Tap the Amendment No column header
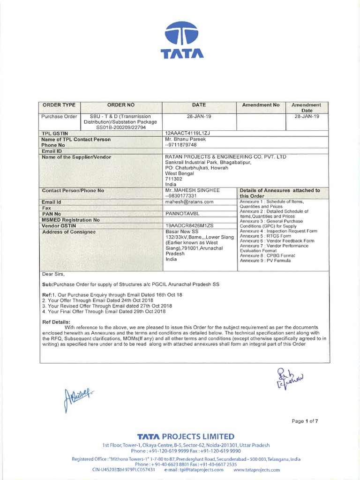point(261,105)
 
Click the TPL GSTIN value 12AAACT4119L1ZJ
point(186,134)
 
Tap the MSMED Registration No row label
point(70,219)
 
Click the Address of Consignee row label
point(68,232)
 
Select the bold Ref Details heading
point(56,322)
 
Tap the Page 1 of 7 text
point(305,421)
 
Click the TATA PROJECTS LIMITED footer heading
point(180,436)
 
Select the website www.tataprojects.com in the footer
point(256,469)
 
